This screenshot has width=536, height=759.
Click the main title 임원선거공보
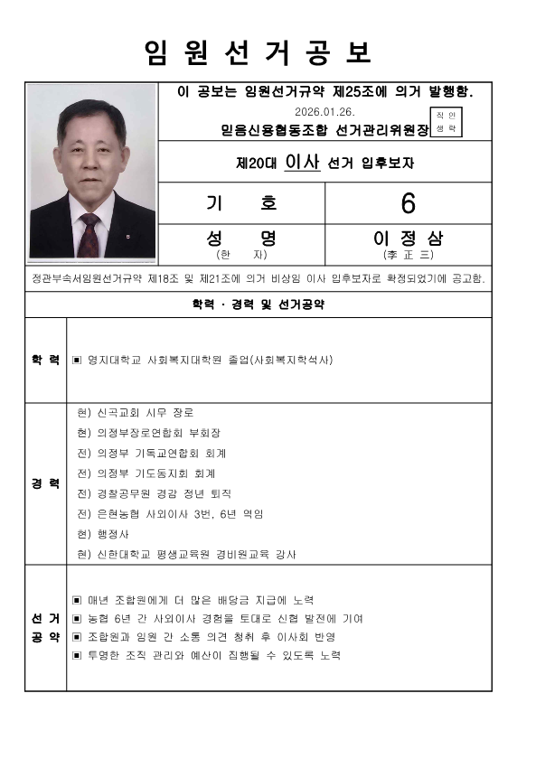(x=258, y=53)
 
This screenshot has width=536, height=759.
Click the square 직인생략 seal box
(x=447, y=122)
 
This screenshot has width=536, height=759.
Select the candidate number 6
(x=408, y=203)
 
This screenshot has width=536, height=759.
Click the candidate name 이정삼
(x=409, y=239)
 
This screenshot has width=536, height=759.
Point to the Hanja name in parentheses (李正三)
(x=409, y=255)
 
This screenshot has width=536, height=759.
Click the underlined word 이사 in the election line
(x=300, y=163)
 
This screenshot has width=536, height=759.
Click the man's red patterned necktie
(x=89, y=234)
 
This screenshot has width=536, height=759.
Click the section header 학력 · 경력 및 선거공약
(x=258, y=305)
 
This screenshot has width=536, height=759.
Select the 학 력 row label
(x=45, y=360)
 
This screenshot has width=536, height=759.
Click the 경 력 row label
(x=45, y=483)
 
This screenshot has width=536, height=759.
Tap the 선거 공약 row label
(x=45, y=628)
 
